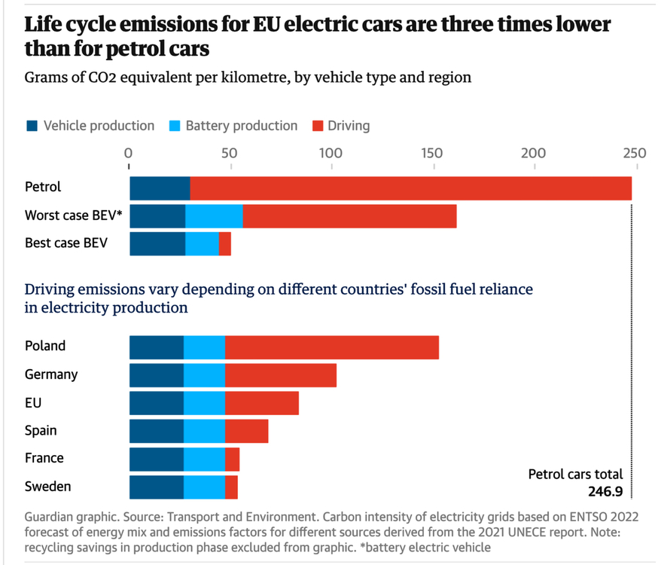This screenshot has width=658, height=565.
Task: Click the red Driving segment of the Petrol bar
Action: click(410, 188)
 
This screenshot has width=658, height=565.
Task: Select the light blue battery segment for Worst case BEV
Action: click(214, 215)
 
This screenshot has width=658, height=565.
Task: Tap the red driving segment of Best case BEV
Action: click(224, 243)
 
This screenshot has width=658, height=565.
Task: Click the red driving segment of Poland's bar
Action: click(331, 347)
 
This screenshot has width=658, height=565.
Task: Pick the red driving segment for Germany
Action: click(280, 374)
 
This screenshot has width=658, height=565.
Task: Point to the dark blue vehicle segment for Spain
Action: click(157, 431)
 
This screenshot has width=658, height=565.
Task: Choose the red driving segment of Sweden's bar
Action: click(231, 487)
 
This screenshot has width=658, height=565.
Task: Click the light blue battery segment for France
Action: click(204, 459)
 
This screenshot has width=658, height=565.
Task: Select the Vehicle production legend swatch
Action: click(31, 126)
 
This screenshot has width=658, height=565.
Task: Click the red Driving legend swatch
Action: click(316, 126)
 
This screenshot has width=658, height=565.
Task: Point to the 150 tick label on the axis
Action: click(432, 154)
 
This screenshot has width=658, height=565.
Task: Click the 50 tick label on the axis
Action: click(230, 154)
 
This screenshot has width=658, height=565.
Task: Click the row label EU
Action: click(33, 402)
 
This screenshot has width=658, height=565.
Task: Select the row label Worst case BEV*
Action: click(74, 215)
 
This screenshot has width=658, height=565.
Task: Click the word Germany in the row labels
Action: click(51, 374)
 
